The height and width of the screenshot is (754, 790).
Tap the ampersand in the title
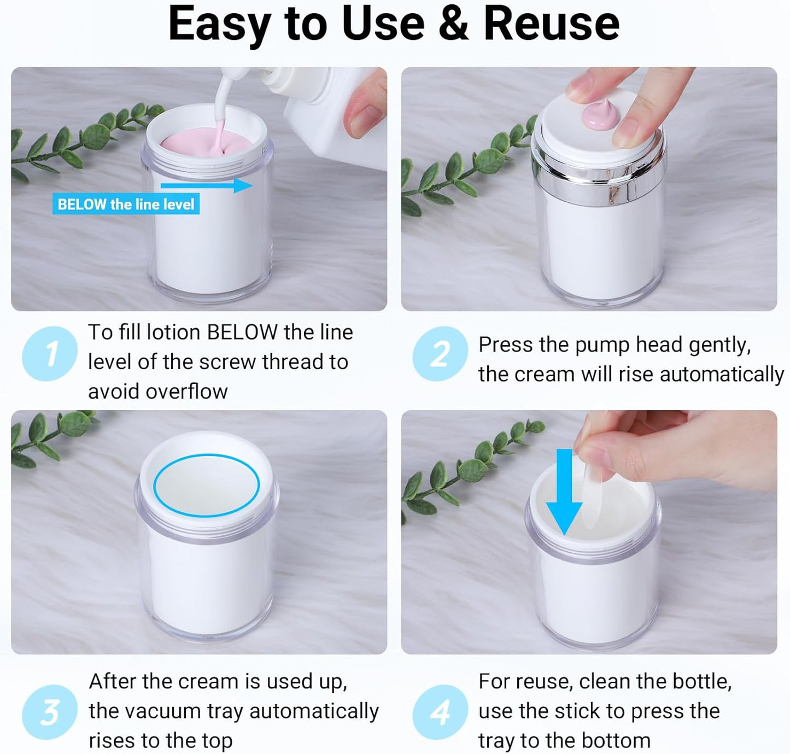[x=453, y=24]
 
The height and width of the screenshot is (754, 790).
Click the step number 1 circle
[x=50, y=354]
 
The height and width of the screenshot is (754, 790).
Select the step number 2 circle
[x=440, y=354]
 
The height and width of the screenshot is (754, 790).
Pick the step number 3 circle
[x=50, y=712]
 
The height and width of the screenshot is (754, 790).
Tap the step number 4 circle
[x=440, y=712]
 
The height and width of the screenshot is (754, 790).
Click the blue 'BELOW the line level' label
[x=126, y=204]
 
